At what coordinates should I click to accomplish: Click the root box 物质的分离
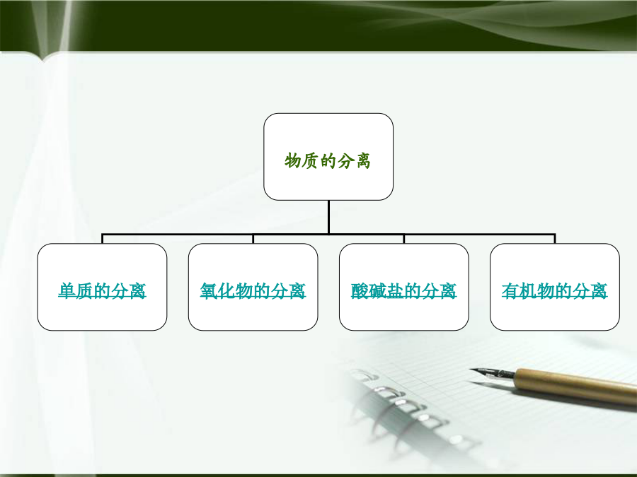pyautogui.click(x=328, y=157)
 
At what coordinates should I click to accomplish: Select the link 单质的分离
pyautogui.click(x=102, y=291)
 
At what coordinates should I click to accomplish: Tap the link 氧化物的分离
pyautogui.click(x=253, y=291)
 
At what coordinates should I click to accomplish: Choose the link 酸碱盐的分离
pyautogui.click(x=404, y=291)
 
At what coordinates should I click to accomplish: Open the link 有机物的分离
pyautogui.click(x=554, y=291)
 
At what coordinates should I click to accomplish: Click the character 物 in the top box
pyautogui.click(x=292, y=160)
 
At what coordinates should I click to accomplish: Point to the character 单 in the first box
pyautogui.click(x=67, y=291)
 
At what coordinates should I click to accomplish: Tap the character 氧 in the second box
pyautogui.click(x=208, y=291)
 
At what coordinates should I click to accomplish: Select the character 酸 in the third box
pyautogui.click(x=360, y=291)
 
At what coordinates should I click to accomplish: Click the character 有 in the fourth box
pyautogui.click(x=510, y=291)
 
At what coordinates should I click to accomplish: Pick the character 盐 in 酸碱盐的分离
pyautogui.click(x=395, y=291)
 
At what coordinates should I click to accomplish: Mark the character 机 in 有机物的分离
pyautogui.click(x=528, y=291)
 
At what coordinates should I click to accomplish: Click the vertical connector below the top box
pyautogui.click(x=328, y=217)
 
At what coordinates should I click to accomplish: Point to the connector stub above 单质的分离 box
pyautogui.click(x=103, y=239)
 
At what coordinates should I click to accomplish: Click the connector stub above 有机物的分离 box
pyautogui.click(x=554, y=239)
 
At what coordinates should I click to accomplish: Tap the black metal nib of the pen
pyautogui.click(x=493, y=372)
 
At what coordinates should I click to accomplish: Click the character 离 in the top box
pyautogui.click(x=362, y=160)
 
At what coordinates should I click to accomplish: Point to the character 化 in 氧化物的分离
pyautogui.click(x=226, y=291)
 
